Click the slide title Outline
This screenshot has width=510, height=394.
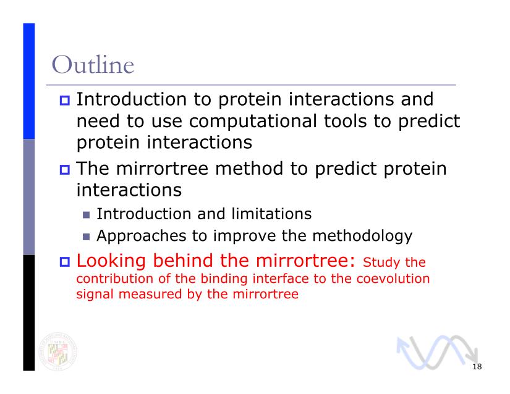coord(93,65)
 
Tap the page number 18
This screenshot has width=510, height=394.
coord(477,367)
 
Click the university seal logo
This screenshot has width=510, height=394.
coord(58,351)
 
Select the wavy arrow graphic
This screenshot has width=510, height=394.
coord(437,352)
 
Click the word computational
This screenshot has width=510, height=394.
coord(253,121)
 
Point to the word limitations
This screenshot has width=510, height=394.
coord(271,214)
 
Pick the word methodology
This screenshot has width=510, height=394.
coord(362,236)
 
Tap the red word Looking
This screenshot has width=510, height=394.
coord(111,261)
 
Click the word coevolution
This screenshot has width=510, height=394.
coord(393,279)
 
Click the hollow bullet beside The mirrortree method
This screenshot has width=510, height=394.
coord(65,170)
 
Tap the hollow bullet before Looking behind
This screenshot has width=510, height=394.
coord(65,262)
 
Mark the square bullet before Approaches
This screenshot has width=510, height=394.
coord(86,237)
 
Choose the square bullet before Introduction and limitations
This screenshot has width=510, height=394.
coord(86,215)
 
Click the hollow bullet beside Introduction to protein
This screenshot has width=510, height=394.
coord(65,100)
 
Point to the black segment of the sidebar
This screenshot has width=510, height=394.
coord(28,313)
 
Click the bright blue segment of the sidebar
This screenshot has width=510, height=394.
coord(28,81)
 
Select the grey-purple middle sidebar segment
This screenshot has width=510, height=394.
coord(28,197)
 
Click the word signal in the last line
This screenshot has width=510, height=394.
coord(95,295)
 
